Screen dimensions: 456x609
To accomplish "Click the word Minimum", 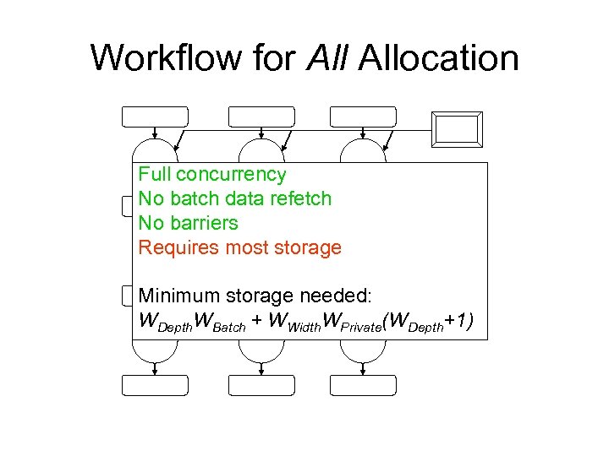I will [x=178, y=296].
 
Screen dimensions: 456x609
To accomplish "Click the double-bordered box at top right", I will [x=456, y=129].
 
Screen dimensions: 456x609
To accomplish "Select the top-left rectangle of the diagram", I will [x=156, y=117].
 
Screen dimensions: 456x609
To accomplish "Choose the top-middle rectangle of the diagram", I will [x=261, y=117].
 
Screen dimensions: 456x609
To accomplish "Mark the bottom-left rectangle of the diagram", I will [x=156, y=385].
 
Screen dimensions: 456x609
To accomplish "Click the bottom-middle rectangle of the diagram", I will [x=261, y=385].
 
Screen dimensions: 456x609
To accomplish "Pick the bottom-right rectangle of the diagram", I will [x=363, y=385].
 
